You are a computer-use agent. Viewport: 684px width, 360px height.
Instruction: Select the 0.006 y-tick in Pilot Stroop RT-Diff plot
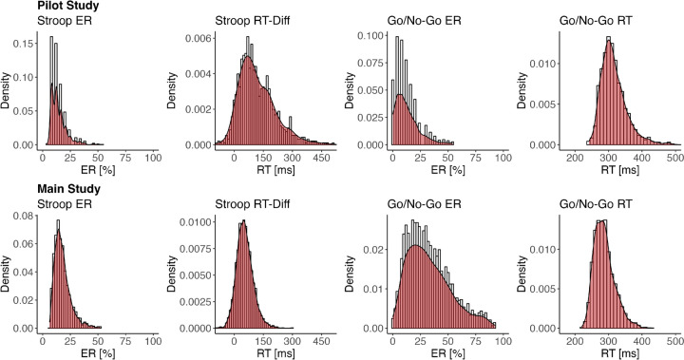pyautogui.click(x=196, y=42)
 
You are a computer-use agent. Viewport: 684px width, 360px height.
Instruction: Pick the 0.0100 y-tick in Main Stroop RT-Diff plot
pyautogui.click(x=193, y=224)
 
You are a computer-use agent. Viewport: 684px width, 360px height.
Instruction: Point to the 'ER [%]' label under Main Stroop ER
pyautogui.click(x=98, y=353)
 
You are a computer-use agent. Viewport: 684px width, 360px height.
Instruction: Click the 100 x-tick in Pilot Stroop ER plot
pyautogui.click(x=152, y=158)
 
